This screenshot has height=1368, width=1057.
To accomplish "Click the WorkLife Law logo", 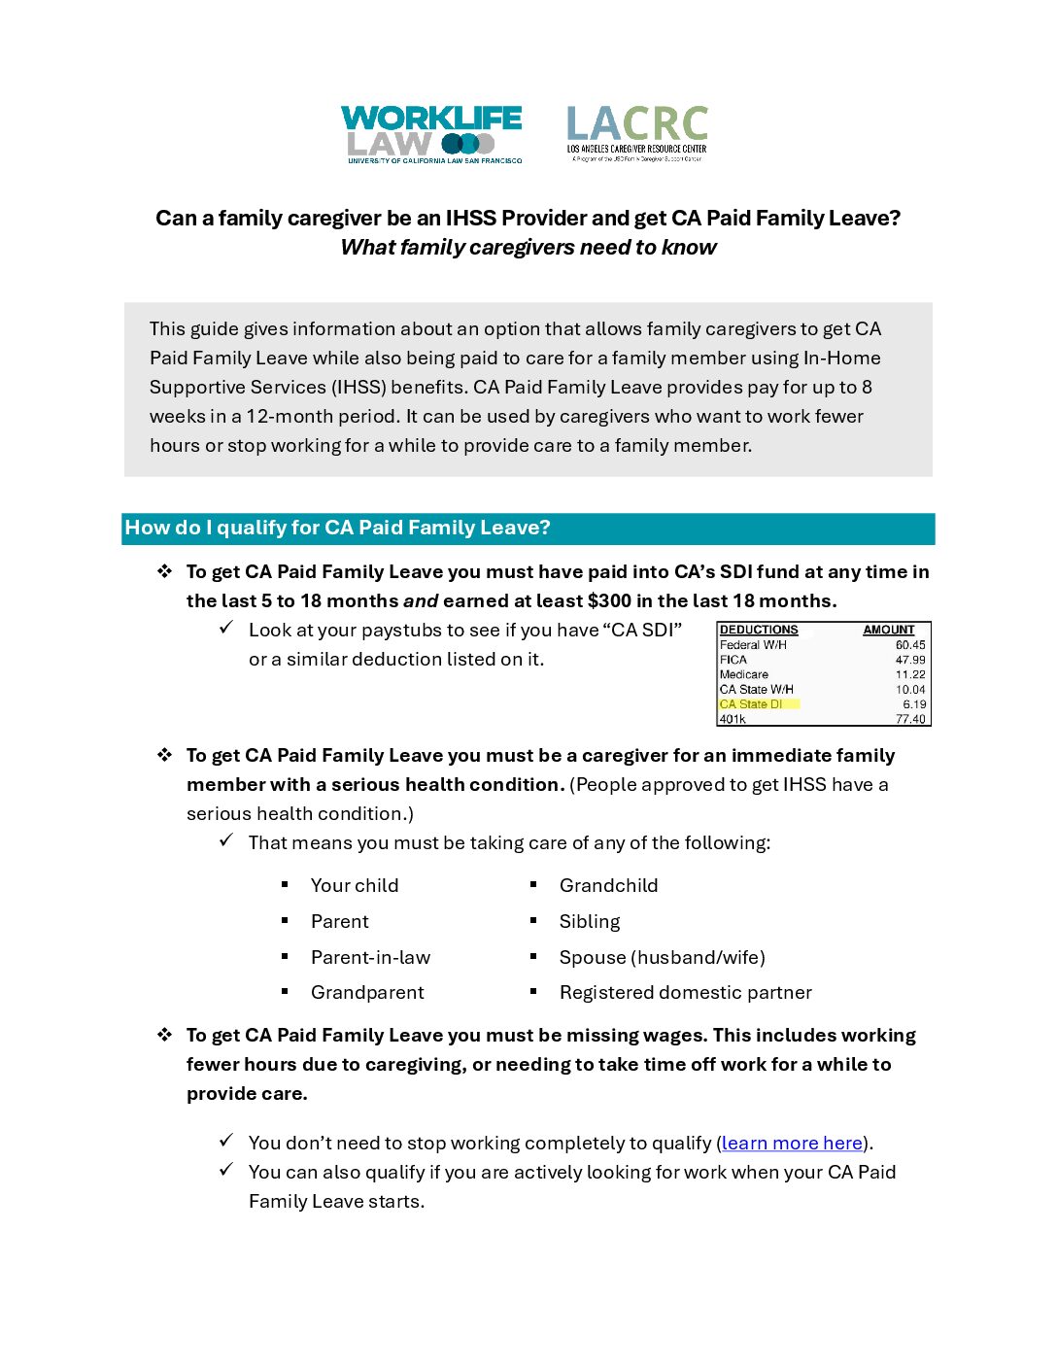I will pos(431,134).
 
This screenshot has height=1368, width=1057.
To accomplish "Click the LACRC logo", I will pos(637,133).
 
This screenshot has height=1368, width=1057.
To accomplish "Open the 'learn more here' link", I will pos(792,1144).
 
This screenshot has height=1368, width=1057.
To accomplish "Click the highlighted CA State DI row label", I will pos(751,704).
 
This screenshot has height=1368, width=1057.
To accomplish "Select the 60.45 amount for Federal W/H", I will pos(910,645).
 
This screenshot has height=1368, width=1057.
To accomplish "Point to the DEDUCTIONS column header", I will pos(759,630).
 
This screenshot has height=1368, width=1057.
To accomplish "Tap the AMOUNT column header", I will pos(888,630).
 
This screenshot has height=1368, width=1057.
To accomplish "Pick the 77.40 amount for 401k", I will pos(910,719).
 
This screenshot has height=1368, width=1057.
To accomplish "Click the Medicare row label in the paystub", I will pos(744,674).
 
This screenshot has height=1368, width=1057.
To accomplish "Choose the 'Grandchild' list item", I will pos(608,885).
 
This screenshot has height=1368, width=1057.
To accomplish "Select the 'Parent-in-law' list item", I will pos(370,957).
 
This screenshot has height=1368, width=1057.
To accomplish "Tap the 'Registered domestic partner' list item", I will pos(685,992).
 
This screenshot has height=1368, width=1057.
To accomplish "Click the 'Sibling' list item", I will pos(589,921).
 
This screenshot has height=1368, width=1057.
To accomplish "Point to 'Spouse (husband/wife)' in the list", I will pos(662,957).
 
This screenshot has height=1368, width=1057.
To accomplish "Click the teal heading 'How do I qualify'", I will pos(337,528).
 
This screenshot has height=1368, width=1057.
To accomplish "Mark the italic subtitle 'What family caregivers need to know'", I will pos(528,248).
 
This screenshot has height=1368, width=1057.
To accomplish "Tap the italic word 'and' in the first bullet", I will pos(421,600).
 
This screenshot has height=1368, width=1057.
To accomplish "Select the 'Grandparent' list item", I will pos(367,992).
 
